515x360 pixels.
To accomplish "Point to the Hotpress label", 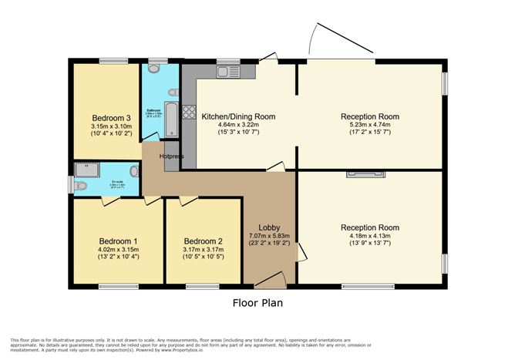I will coord(171,156).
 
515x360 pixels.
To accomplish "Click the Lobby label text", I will coord(268,225).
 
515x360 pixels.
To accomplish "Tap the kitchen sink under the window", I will coord(228,72).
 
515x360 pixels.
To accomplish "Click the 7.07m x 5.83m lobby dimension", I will coord(268,234).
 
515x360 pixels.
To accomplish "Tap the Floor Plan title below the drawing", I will coord(257,303).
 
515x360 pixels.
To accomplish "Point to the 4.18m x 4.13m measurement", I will coord(370,237).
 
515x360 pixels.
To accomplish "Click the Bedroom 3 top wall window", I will coord(113,60).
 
